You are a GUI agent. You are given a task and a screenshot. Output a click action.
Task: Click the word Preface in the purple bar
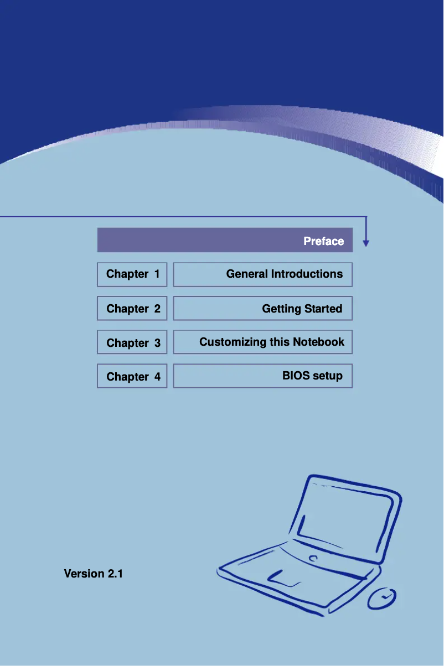(323, 241)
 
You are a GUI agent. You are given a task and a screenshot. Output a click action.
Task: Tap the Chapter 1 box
(132, 274)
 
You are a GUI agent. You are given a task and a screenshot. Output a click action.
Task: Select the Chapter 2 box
(132, 308)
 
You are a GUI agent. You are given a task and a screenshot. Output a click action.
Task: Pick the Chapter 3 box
(132, 342)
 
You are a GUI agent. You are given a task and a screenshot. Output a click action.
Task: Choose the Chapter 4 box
(132, 376)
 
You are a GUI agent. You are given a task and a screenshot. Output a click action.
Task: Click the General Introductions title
(284, 274)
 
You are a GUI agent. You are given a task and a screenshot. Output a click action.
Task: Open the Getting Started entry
(302, 309)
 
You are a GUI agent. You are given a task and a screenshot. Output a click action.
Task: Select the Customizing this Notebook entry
(272, 342)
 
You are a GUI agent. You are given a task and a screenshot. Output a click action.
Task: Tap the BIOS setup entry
(312, 376)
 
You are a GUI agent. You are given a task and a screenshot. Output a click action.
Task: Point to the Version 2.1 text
(93, 574)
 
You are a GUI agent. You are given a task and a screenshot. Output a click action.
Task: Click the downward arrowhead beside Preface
(366, 243)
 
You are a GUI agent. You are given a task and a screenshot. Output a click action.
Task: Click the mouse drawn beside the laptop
(382, 598)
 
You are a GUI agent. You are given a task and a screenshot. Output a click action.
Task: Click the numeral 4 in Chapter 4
(157, 377)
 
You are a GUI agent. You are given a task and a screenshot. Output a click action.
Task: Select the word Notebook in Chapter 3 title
(318, 342)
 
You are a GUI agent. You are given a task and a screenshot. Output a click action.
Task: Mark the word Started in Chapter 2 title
(323, 309)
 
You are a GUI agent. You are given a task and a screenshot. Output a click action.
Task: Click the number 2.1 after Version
(115, 574)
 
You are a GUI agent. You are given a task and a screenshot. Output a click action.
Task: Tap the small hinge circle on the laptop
(313, 558)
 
